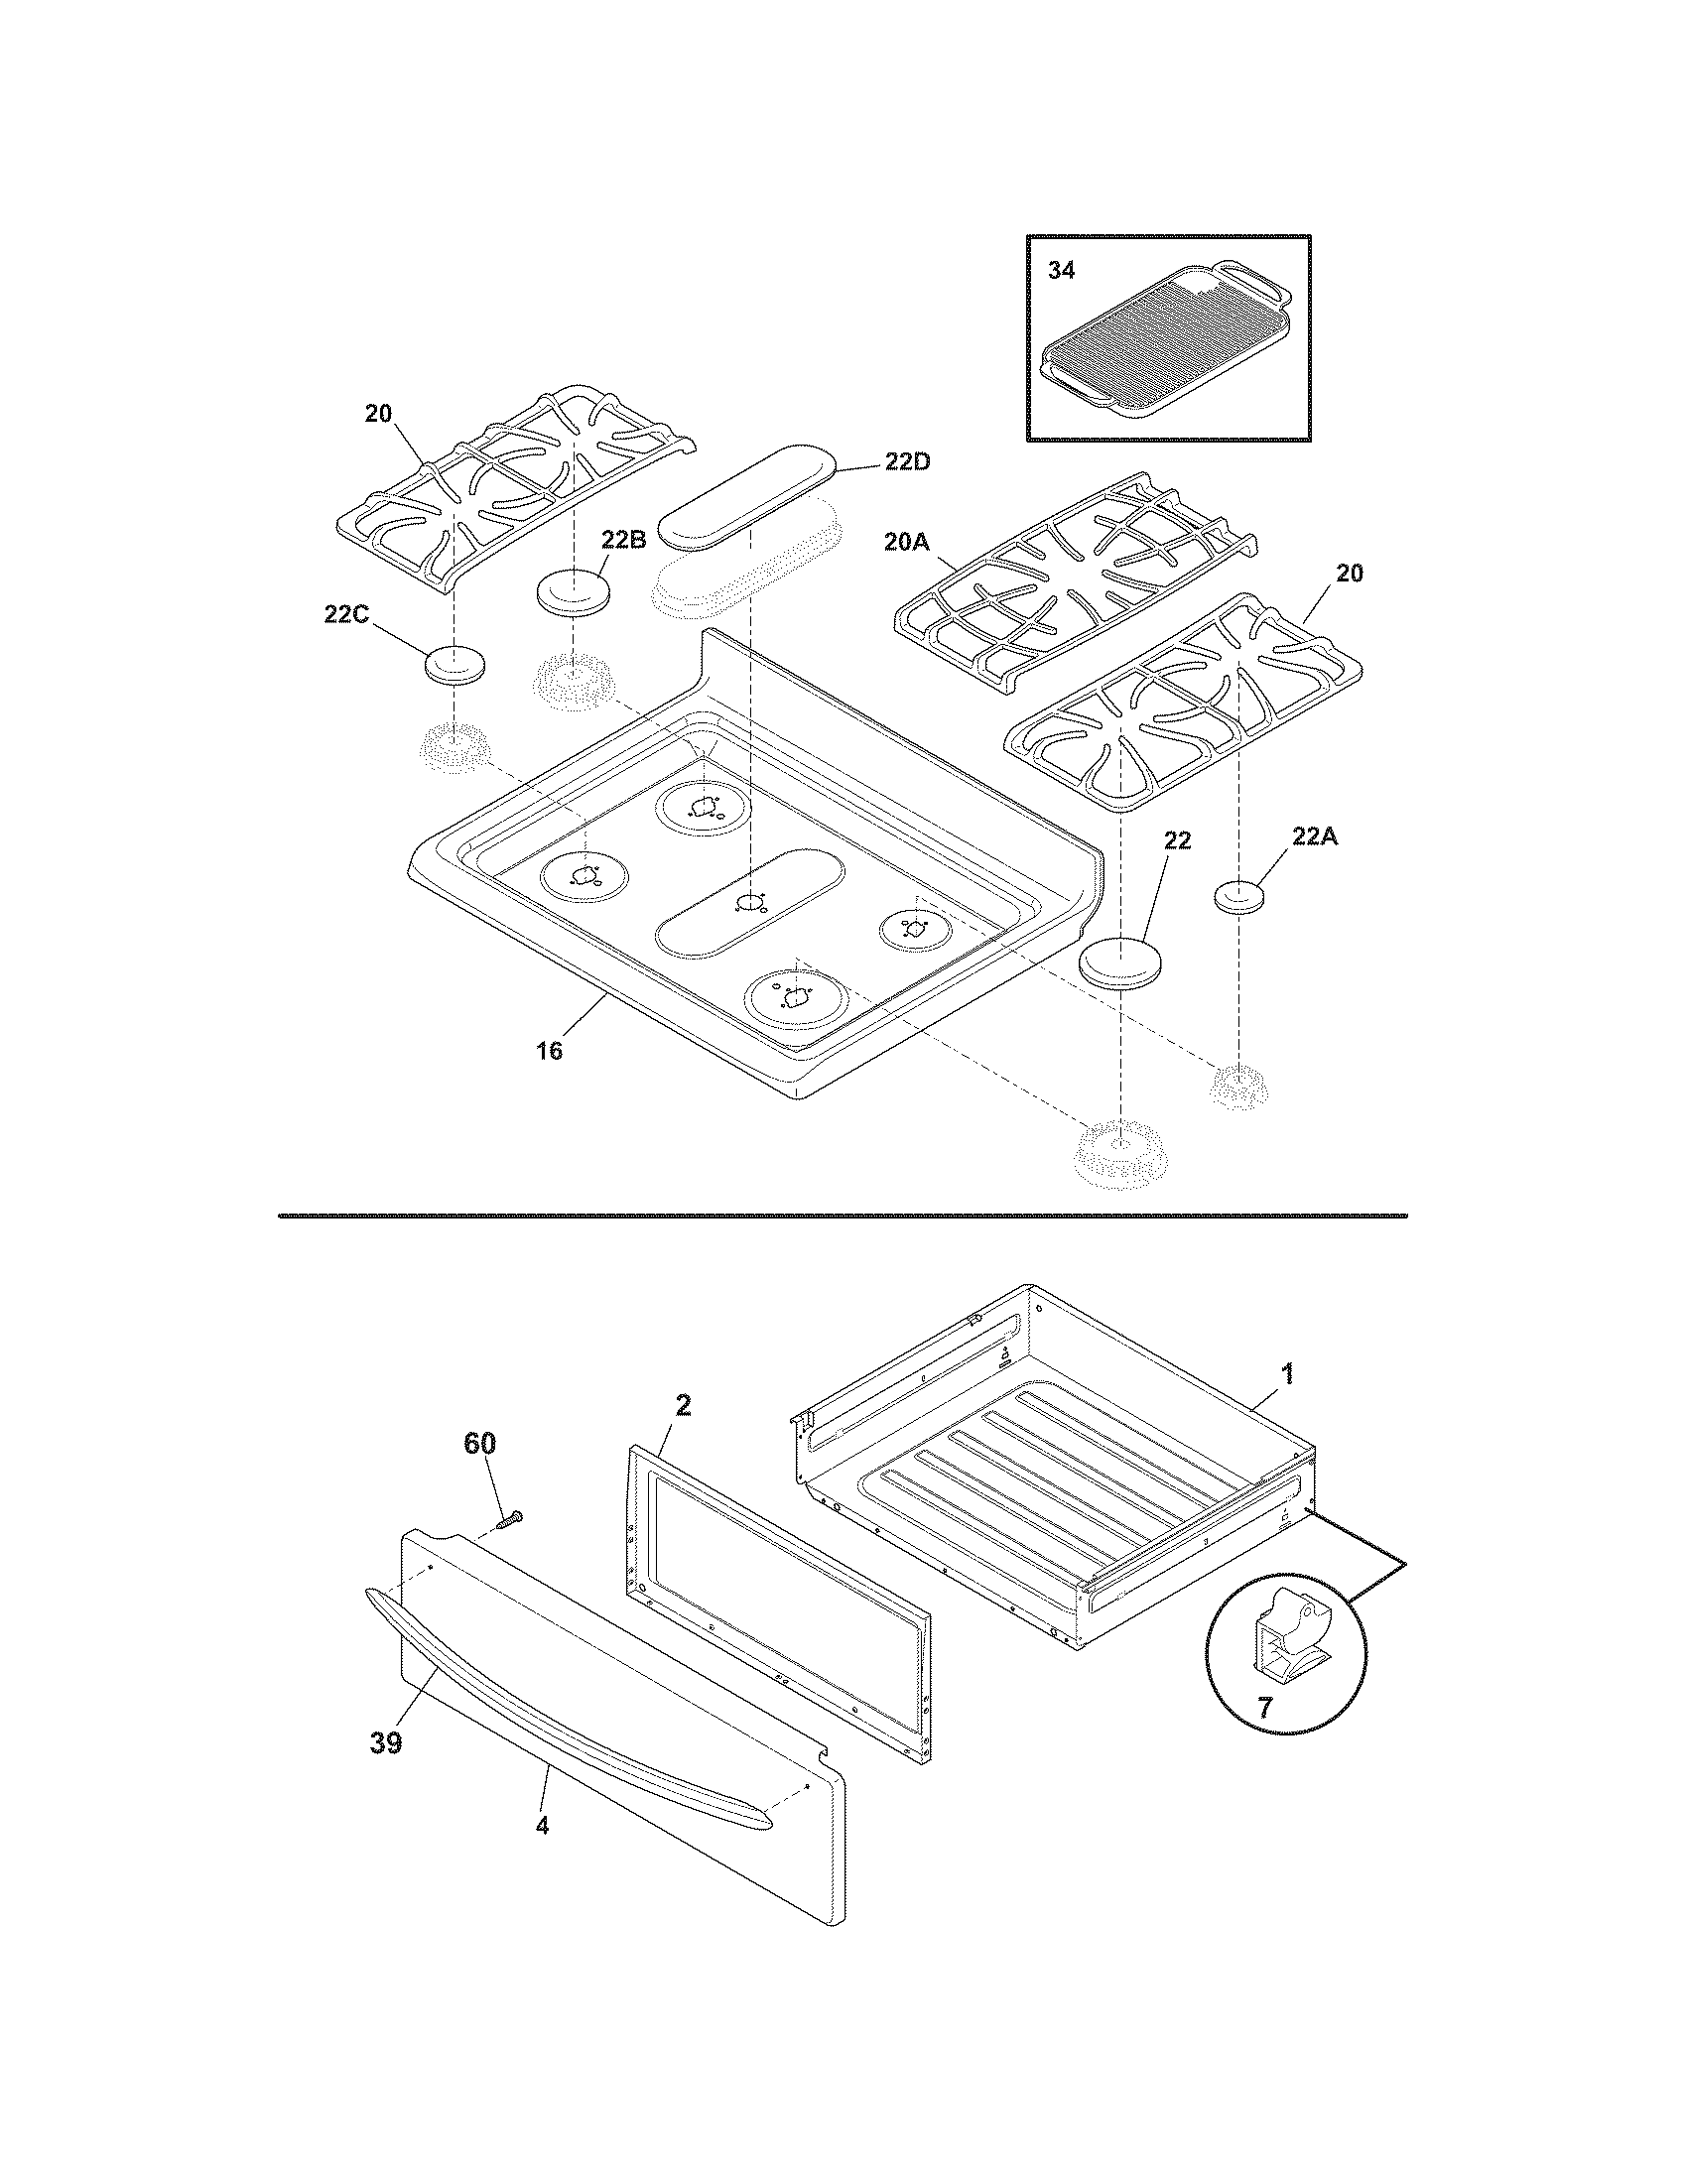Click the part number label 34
tap(1061, 270)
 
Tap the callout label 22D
tap(907, 462)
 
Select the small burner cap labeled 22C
tap(455, 665)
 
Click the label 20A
tap(906, 542)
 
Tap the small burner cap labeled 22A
tap(1239, 897)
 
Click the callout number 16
tap(549, 1050)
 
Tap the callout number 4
tap(542, 1825)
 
